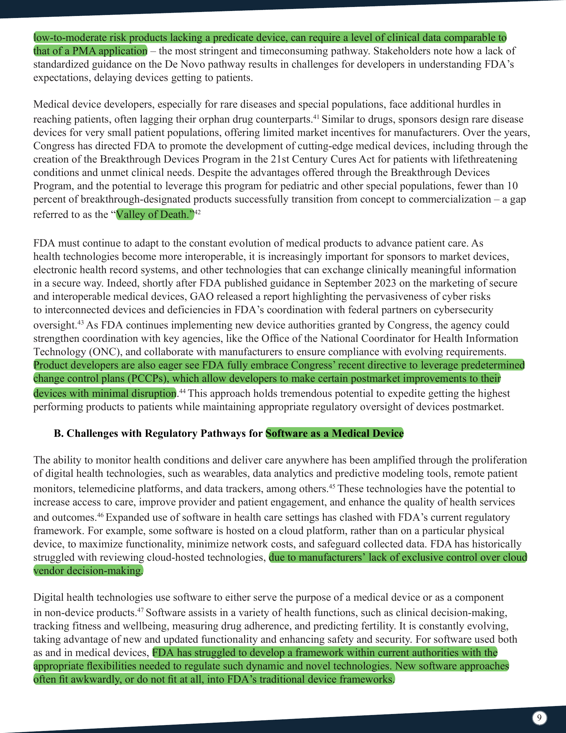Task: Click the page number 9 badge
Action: coord(539,718)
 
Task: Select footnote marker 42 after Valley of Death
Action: coord(197,212)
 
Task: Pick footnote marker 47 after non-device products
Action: coord(140,610)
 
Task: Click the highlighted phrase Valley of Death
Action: coord(155,215)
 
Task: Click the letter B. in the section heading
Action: coord(59,433)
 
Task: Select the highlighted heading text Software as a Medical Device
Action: coord(334,433)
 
